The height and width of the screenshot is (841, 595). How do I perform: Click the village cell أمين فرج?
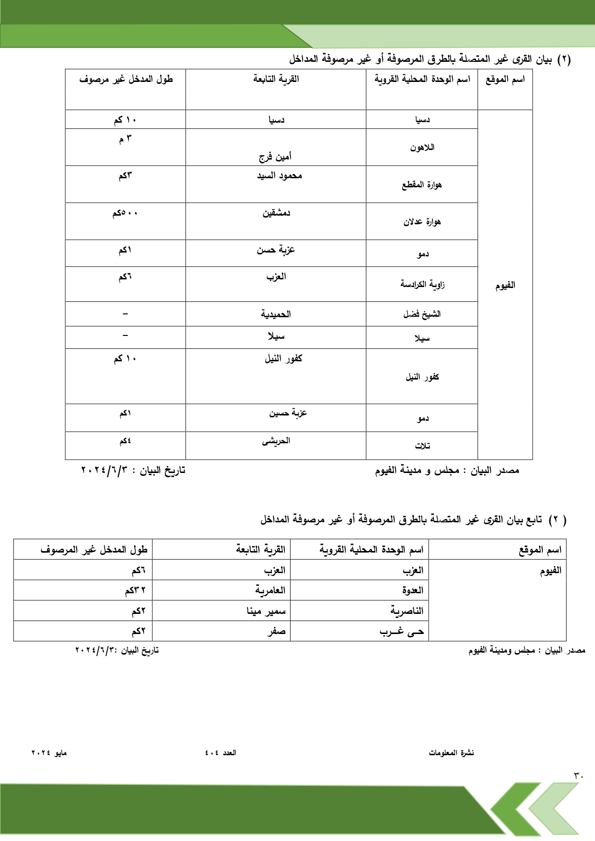(275, 156)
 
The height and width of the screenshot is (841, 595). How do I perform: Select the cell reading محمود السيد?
(279, 176)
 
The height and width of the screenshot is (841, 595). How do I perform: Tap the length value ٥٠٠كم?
(125, 213)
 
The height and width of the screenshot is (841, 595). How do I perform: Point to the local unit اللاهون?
(422, 148)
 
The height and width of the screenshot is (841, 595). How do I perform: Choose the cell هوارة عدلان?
(422, 222)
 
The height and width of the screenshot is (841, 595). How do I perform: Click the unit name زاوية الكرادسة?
(422, 285)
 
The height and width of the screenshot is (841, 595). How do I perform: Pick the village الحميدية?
(276, 314)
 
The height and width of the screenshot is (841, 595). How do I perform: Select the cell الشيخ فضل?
(422, 314)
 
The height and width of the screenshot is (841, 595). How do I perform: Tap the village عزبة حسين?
(288, 413)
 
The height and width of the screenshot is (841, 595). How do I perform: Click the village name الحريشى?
(276, 441)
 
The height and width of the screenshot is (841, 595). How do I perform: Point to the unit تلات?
(422, 446)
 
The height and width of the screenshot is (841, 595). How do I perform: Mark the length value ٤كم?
(125, 441)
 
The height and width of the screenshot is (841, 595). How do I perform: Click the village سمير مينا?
(266, 611)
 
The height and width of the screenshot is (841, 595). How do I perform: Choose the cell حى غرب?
(402, 632)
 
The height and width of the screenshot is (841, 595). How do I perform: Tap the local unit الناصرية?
(407, 611)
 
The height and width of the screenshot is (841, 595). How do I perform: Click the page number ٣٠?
(578, 775)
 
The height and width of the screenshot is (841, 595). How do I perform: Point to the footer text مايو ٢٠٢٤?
(49, 753)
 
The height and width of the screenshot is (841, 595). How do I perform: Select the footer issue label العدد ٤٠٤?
(221, 753)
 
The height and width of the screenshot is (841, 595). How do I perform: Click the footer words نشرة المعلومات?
(451, 753)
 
